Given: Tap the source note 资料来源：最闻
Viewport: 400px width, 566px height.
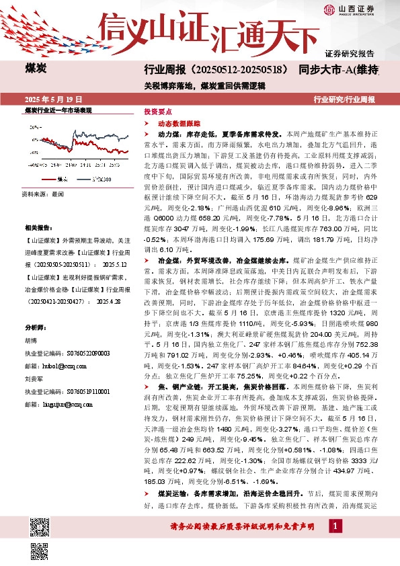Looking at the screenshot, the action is (x=44, y=194).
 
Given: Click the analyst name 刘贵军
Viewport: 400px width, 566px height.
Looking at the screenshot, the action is (x=34, y=378).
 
